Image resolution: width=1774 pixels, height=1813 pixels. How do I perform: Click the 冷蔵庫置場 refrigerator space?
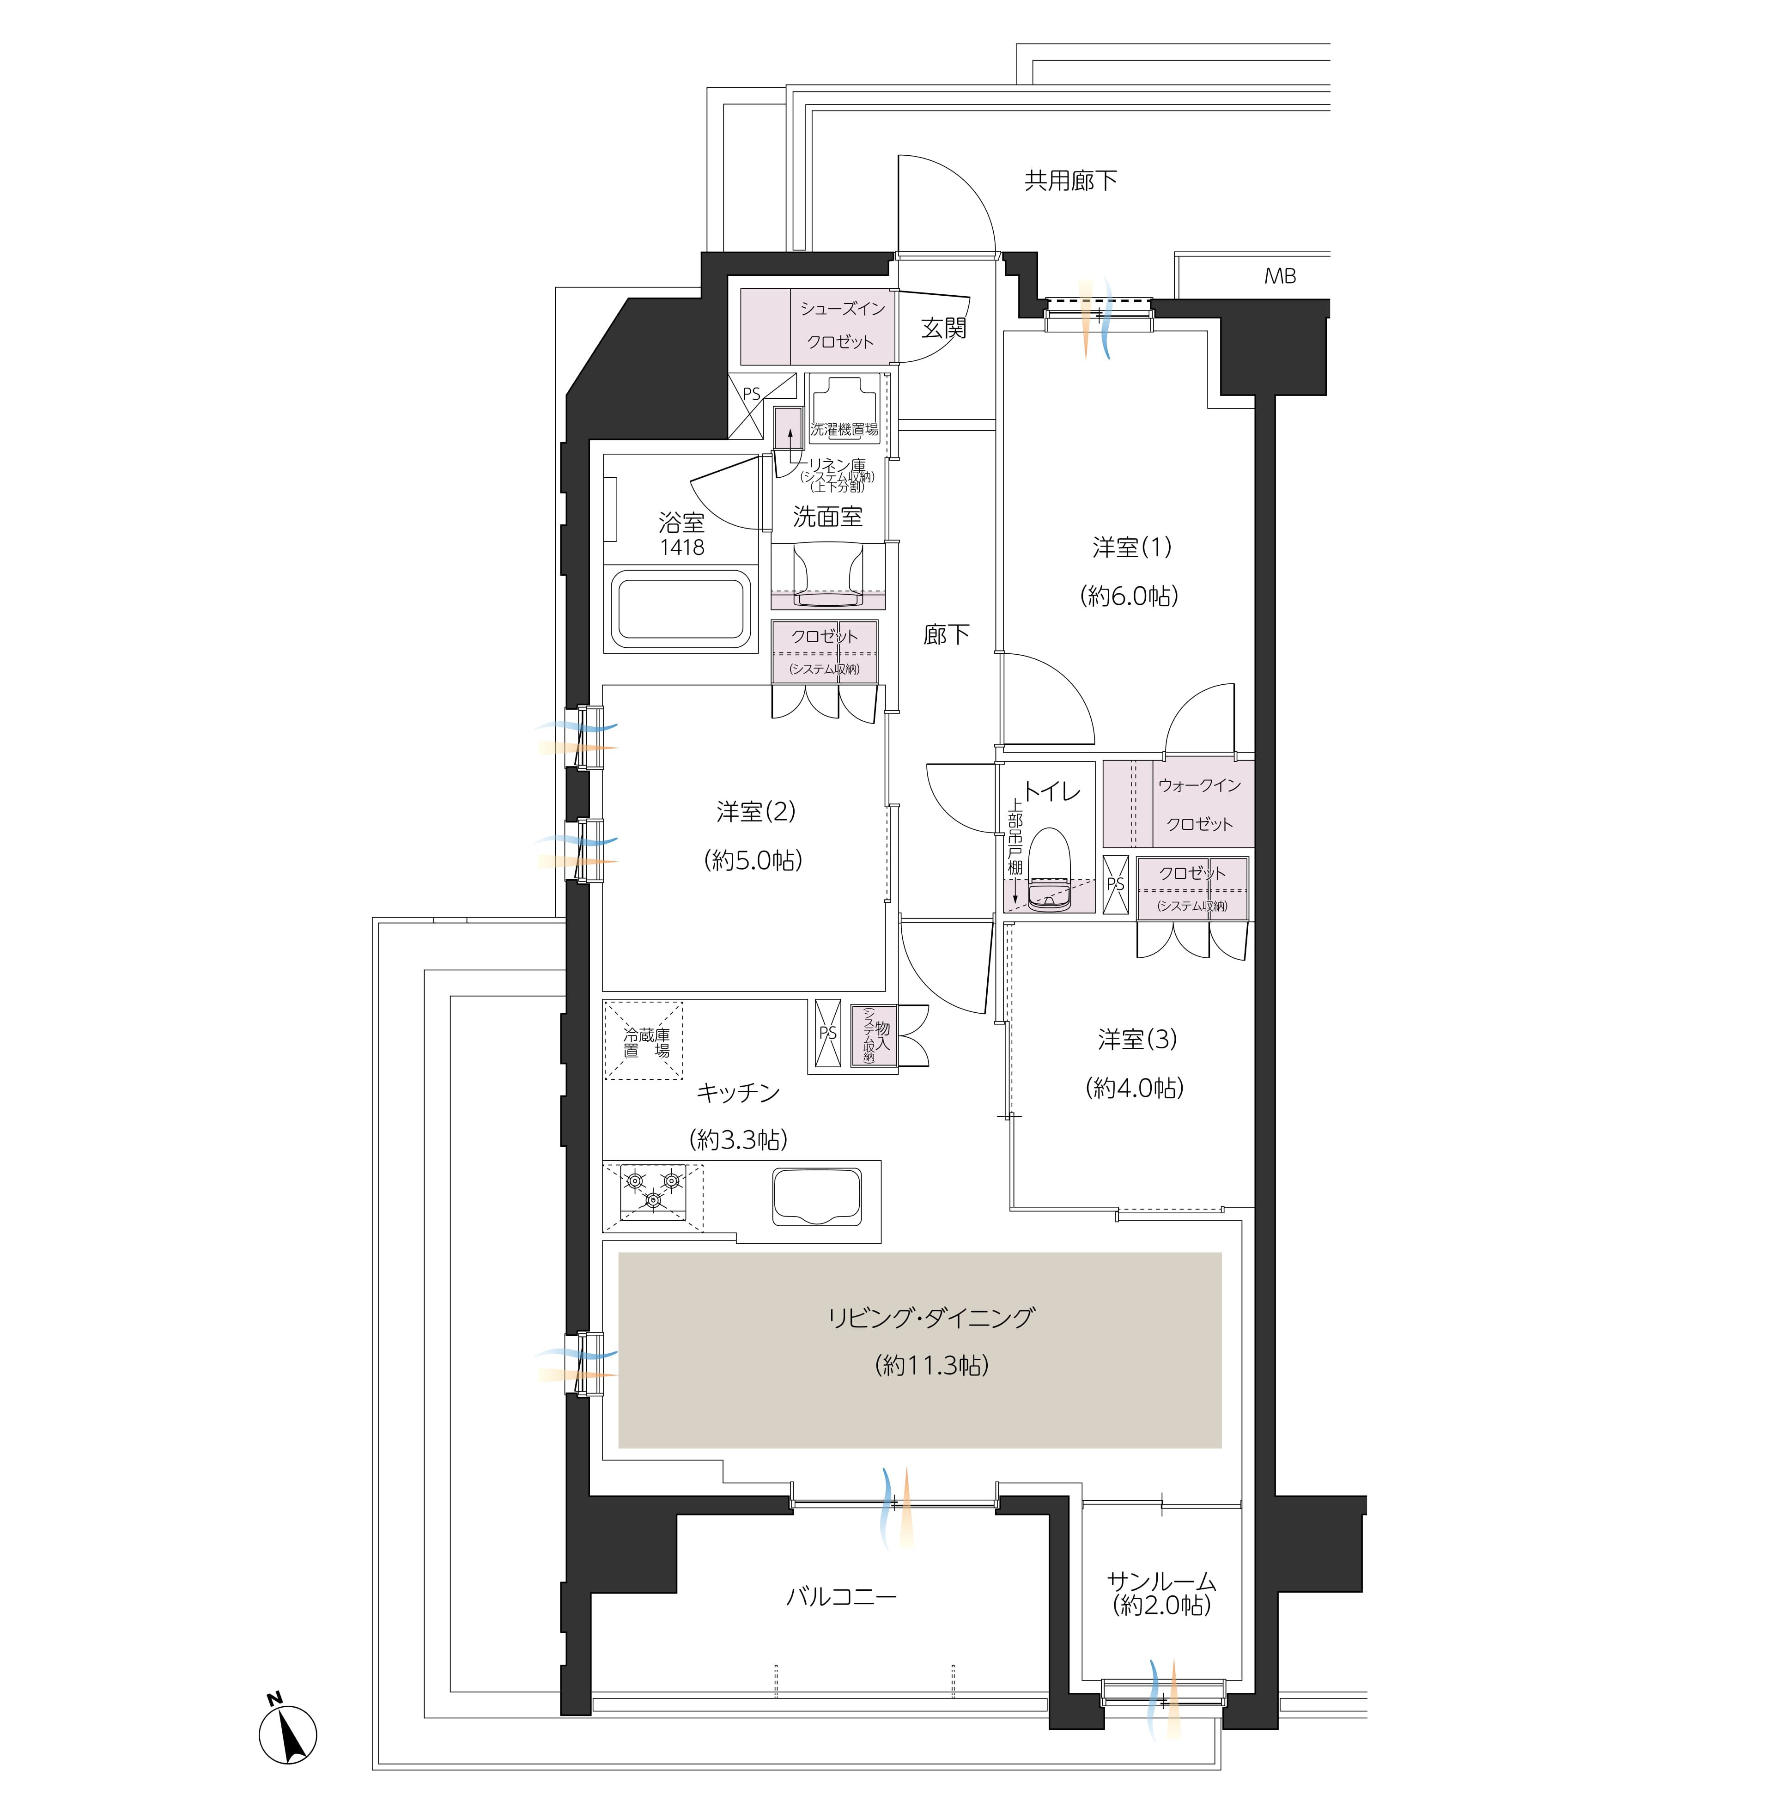point(644,1040)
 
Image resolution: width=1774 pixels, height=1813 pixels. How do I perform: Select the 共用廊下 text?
point(1070,181)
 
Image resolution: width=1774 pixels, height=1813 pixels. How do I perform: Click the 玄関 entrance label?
point(944,328)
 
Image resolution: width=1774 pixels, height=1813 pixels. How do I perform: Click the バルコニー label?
point(841,1597)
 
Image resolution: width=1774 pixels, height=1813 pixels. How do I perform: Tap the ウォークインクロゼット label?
point(1200,805)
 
